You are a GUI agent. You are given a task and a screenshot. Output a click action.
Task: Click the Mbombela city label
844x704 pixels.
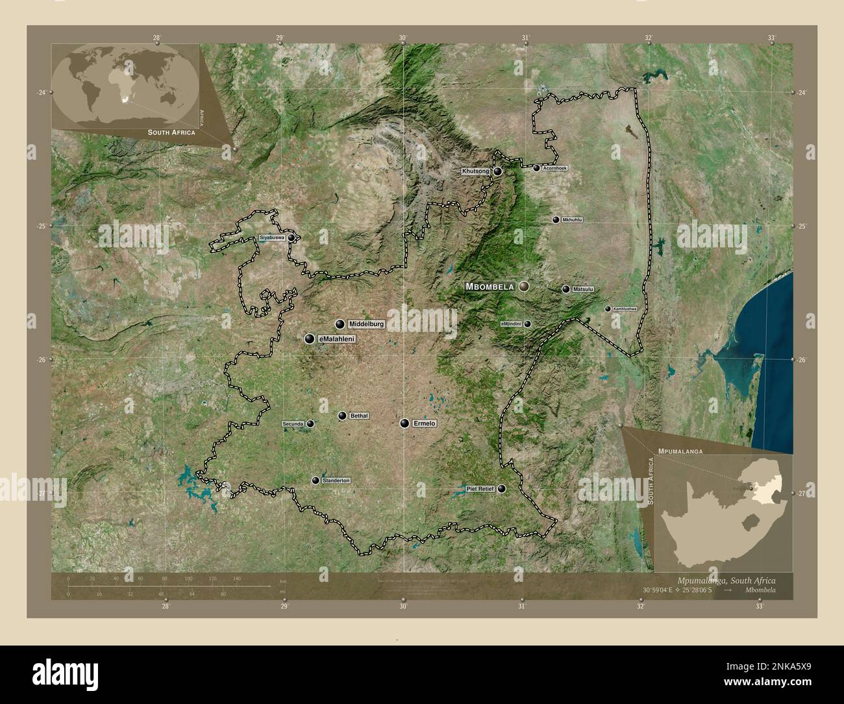(x=490, y=286)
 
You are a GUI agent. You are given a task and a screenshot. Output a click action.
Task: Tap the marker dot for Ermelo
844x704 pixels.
(x=405, y=423)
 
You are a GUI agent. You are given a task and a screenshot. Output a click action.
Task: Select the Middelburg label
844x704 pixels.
(x=367, y=323)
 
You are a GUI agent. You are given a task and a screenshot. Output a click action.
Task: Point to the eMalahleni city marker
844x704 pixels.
(x=310, y=339)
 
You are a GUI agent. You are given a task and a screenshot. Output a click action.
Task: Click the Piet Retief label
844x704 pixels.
(x=480, y=488)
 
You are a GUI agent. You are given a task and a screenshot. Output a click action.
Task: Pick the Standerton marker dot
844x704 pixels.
(x=316, y=481)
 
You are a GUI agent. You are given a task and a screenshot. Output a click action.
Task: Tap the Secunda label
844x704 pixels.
(x=293, y=424)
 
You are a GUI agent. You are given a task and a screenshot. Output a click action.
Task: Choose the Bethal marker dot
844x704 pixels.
(x=342, y=416)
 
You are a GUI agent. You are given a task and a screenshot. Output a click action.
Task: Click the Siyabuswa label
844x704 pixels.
(x=272, y=238)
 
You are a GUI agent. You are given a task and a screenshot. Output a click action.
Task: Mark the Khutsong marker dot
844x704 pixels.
(x=498, y=171)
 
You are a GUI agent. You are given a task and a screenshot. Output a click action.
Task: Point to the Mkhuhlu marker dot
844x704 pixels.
(x=556, y=220)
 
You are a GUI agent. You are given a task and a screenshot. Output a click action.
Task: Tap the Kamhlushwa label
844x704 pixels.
(x=625, y=308)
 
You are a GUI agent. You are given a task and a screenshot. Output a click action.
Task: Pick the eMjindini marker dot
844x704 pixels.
(x=528, y=323)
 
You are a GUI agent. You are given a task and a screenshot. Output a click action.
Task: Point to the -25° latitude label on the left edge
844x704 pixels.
(x=40, y=226)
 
